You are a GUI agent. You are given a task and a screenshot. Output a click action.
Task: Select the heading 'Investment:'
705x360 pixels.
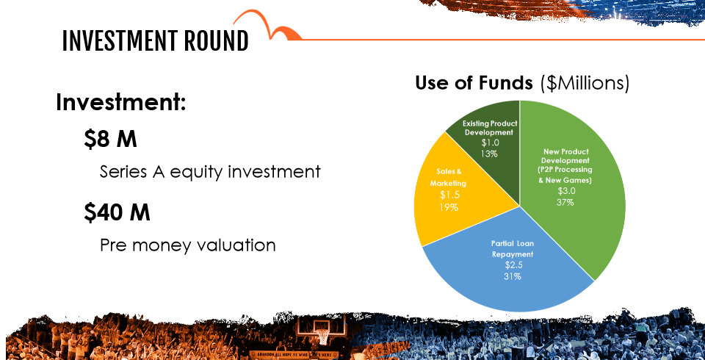121,102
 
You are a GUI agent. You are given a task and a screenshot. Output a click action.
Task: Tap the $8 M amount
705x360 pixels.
110,140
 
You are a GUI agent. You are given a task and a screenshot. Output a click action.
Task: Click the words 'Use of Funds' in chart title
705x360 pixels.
474,83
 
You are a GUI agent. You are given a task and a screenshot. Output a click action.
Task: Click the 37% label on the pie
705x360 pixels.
565,202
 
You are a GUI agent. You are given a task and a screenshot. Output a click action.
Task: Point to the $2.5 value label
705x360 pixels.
513,265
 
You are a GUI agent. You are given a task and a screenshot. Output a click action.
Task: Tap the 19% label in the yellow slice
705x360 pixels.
449,207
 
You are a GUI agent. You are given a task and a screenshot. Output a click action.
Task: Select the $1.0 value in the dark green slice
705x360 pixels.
490,143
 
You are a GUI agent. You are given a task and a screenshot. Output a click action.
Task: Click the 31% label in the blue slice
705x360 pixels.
513,276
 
